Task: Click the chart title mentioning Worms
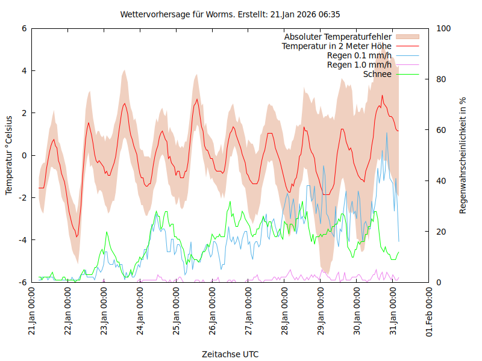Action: (x=234, y=14)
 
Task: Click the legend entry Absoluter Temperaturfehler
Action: (x=338, y=37)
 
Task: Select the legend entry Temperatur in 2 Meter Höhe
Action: (x=337, y=46)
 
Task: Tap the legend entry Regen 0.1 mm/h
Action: (x=359, y=55)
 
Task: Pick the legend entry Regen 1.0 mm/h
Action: (x=359, y=64)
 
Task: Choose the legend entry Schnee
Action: (x=378, y=74)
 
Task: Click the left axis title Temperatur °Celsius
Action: (x=9, y=155)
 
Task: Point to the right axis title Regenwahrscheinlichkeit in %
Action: (x=463, y=155)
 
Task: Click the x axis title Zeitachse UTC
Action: (x=231, y=354)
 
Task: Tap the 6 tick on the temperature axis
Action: (x=24, y=28)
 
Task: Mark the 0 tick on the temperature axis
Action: (x=24, y=155)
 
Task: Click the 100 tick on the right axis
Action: (x=443, y=28)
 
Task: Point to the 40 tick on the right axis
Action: (x=442, y=181)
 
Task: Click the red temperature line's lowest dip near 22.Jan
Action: (x=77, y=236)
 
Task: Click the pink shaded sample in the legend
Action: (x=407, y=37)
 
